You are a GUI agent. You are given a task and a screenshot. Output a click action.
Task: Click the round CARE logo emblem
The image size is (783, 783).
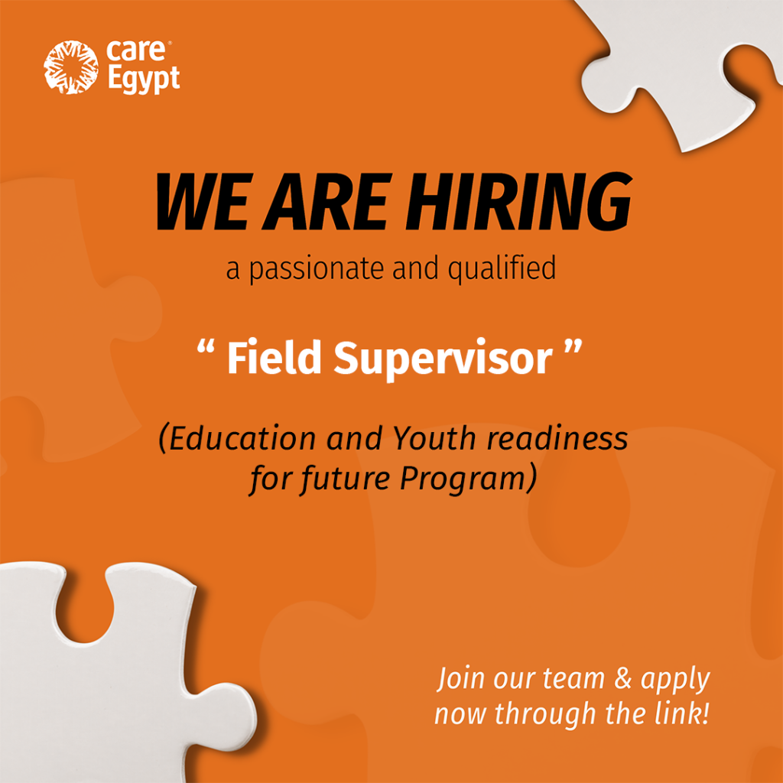[x=70, y=67]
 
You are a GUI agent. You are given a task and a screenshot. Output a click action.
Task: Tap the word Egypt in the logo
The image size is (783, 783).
[x=144, y=80]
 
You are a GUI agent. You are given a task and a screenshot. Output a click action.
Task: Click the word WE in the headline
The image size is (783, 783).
[x=202, y=202]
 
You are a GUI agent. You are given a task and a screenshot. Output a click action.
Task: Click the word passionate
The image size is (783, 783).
[x=316, y=270]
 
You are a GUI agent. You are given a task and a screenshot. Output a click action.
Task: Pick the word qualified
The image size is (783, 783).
[x=502, y=268]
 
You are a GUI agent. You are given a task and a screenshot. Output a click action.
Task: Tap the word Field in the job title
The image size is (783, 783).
[x=275, y=358]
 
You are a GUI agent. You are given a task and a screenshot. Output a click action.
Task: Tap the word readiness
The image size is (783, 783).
[x=557, y=438]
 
